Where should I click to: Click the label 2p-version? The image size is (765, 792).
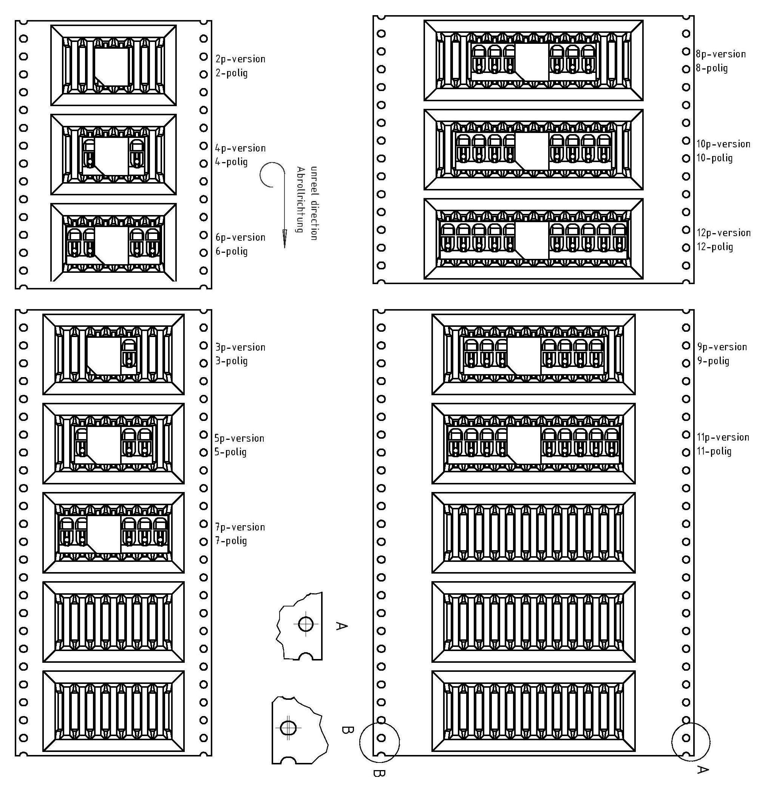pos(240,59)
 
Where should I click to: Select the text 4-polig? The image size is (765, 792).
pos(231,162)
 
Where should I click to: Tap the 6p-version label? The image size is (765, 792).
pos(240,238)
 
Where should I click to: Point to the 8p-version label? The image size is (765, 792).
pos(720,54)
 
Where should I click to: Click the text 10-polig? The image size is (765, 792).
pos(714,158)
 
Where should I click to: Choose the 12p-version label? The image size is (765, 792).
pos(723,233)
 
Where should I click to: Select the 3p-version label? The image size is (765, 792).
pos(240,348)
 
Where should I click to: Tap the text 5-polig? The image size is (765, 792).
pos(230,452)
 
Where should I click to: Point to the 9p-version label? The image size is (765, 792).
pos(722,347)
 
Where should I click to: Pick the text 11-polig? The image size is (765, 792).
pos(714,452)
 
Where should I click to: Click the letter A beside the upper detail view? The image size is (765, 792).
pos(342,626)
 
